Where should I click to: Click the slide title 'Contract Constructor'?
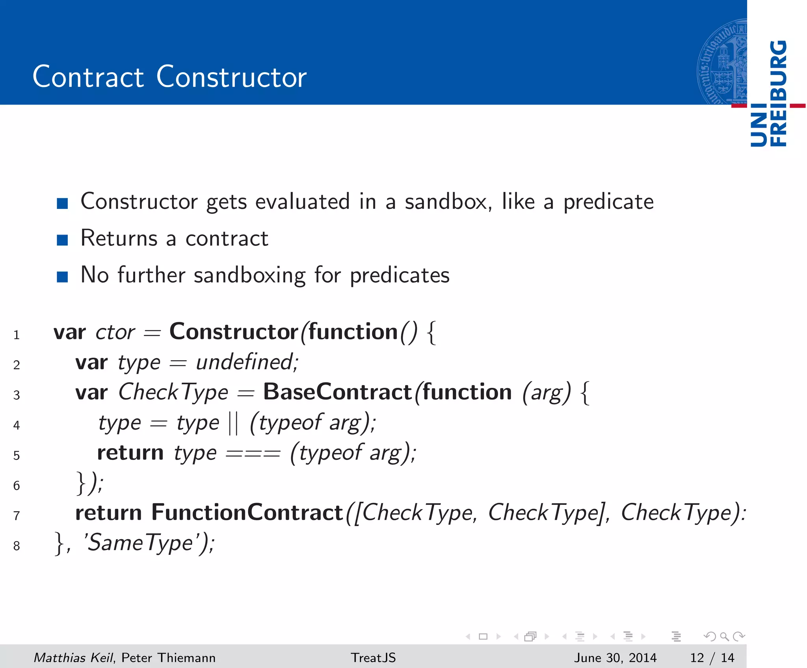coord(169,76)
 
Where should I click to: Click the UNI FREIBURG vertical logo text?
coord(769,94)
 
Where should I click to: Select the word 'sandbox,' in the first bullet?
coord(448,202)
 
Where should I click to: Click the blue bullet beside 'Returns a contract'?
coord(62,240)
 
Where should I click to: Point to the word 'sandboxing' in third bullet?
coord(249,275)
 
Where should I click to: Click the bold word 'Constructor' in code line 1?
coord(234,331)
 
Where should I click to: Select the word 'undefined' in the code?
coord(245,362)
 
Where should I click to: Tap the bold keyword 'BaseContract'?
coord(337,392)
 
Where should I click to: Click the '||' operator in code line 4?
coord(233,423)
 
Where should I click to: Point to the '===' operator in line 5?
coord(253,454)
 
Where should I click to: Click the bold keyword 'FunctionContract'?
coord(247,513)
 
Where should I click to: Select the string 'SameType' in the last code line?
coord(140,543)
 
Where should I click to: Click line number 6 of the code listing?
coord(17,486)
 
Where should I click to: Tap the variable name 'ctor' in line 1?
coord(115,332)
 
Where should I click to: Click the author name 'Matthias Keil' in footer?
coord(73,657)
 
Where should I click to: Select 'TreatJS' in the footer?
coord(373,657)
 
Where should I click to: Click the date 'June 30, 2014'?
coord(615,657)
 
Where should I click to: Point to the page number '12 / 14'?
coord(712,657)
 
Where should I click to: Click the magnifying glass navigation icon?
coord(724,636)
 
